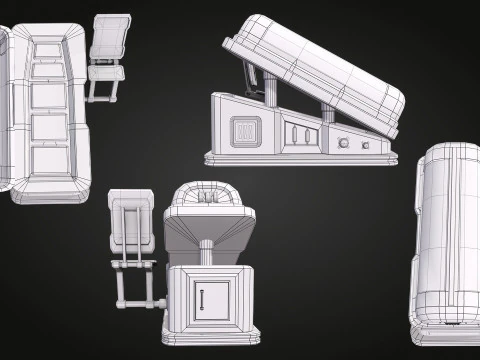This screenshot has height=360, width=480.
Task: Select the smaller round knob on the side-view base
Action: [365, 146]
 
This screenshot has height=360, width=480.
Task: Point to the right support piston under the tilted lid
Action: [327, 111]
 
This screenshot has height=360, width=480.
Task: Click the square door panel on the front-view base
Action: [210, 300]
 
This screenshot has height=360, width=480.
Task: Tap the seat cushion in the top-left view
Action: [107, 70]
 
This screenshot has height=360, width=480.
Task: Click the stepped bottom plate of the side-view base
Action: [300, 158]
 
